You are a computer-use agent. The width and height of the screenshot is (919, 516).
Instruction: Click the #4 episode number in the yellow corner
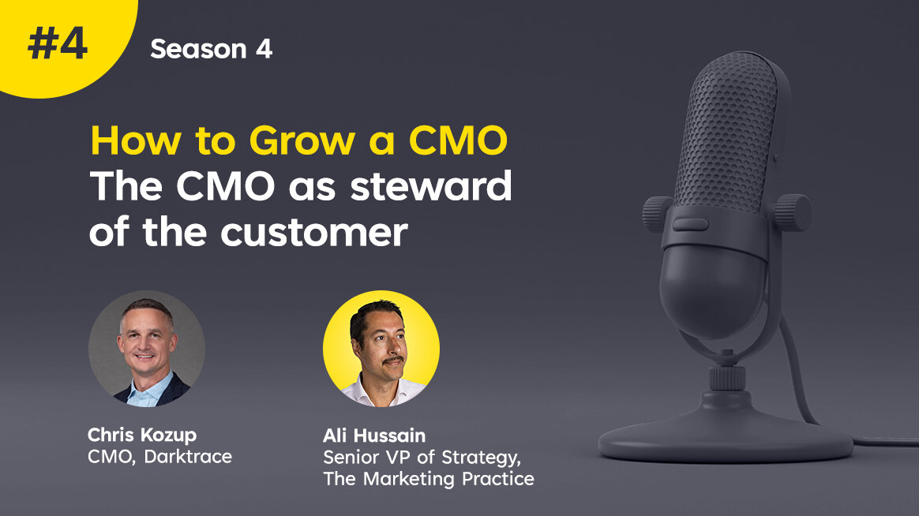tap(58, 44)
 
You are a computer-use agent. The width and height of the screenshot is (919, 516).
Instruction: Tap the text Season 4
tap(211, 49)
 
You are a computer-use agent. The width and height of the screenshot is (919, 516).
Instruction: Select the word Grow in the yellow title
tap(302, 142)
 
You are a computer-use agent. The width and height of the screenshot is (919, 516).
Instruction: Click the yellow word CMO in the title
tap(458, 140)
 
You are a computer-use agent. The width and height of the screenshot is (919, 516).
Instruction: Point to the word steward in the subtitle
tap(431, 185)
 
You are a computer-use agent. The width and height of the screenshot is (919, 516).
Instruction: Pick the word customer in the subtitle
tap(313, 233)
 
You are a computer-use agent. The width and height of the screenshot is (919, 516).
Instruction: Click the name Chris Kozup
tap(142, 436)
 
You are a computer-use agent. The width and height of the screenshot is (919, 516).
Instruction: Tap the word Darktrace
tap(188, 456)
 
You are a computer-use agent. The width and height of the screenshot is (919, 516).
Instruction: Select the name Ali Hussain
tap(374, 436)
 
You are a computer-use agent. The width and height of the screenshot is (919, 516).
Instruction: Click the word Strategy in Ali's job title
tap(481, 458)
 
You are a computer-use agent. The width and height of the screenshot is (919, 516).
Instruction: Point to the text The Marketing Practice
tap(429, 478)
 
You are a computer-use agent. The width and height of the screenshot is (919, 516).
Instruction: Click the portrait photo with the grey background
tap(147, 349)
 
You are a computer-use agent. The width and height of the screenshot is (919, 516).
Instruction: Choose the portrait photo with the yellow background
tap(381, 349)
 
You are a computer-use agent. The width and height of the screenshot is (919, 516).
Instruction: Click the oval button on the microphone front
tap(690, 224)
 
